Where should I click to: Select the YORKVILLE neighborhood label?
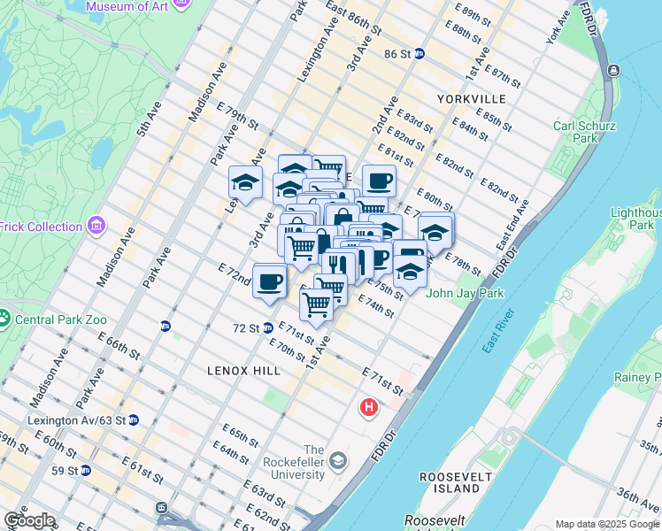[x=471, y=98]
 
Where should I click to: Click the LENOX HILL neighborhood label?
[x=243, y=371]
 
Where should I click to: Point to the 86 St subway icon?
[x=420, y=53]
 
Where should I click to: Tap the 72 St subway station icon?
[x=267, y=327]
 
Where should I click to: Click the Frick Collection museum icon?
[x=96, y=227]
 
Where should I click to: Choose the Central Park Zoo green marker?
[x=4, y=317]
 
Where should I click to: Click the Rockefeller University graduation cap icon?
[x=337, y=460]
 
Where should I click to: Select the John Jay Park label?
[x=466, y=294]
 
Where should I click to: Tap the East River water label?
[x=497, y=330]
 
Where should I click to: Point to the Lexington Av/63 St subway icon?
[x=133, y=419]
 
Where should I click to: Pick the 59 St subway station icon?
[x=85, y=470]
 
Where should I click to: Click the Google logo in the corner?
[x=29, y=520]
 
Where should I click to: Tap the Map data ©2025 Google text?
[x=606, y=524]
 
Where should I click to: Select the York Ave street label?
[x=558, y=30]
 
